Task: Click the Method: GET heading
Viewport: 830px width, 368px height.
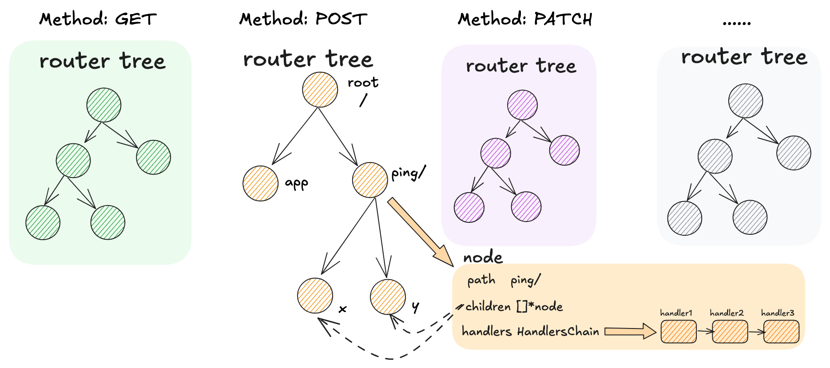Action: tap(98, 19)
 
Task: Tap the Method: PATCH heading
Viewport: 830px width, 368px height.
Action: tap(525, 19)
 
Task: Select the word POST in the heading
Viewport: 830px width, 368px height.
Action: tap(341, 19)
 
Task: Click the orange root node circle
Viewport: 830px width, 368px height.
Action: tap(320, 90)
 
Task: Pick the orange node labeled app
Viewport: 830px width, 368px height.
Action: tap(260, 183)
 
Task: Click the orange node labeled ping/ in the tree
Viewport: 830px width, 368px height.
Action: tap(370, 180)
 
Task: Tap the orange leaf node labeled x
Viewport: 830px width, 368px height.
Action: tap(315, 296)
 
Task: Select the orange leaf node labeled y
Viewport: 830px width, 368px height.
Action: tap(388, 297)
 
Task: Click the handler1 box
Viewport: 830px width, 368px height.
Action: tap(678, 332)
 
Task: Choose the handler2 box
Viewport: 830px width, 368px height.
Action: tap(730, 332)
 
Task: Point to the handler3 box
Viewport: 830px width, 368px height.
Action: tap(781, 332)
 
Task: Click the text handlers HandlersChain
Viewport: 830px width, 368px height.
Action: tap(530, 332)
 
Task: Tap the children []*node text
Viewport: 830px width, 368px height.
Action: tap(514, 307)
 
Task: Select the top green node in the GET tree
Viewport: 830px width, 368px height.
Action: tap(104, 105)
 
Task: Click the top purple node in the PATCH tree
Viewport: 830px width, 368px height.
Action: tap(522, 105)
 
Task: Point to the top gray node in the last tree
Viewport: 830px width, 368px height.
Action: tap(746, 101)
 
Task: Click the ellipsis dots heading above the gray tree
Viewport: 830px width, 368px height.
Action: tap(736, 22)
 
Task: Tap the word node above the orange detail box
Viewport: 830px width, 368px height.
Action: tap(483, 257)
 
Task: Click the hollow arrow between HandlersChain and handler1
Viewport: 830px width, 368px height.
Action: tap(630, 331)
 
